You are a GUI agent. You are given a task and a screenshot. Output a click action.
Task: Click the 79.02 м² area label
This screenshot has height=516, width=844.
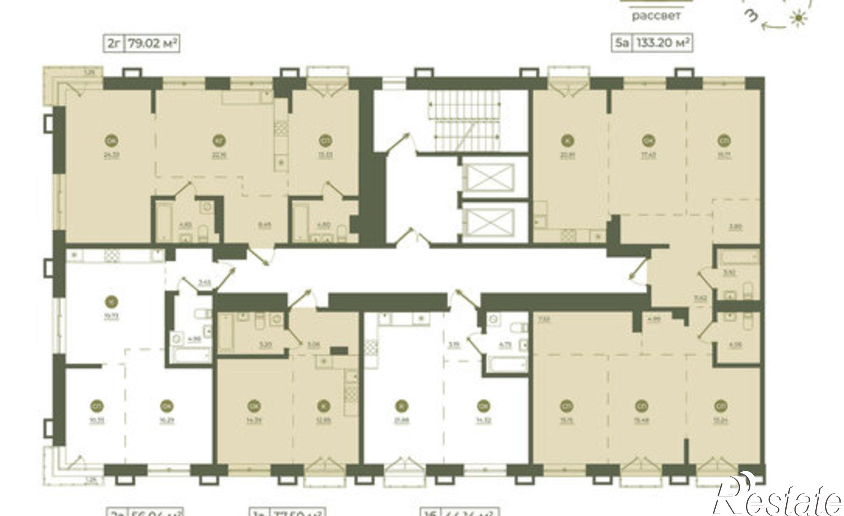(x=151, y=43)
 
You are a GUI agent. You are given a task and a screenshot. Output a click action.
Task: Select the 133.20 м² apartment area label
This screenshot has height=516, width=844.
(x=663, y=43)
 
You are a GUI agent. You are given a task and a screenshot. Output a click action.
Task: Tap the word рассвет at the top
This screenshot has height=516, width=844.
(x=656, y=16)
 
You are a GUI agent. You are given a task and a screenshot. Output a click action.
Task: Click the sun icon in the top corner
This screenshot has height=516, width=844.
(x=798, y=19)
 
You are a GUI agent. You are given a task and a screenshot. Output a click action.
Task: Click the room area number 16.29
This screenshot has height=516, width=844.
(x=165, y=420)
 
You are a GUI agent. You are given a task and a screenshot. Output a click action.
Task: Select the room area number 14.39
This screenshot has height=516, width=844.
(x=254, y=420)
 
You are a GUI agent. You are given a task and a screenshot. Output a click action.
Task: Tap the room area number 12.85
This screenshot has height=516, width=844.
(x=323, y=420)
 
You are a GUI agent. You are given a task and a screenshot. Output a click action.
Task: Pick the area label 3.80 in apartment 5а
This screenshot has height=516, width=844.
(x=736, y=227)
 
